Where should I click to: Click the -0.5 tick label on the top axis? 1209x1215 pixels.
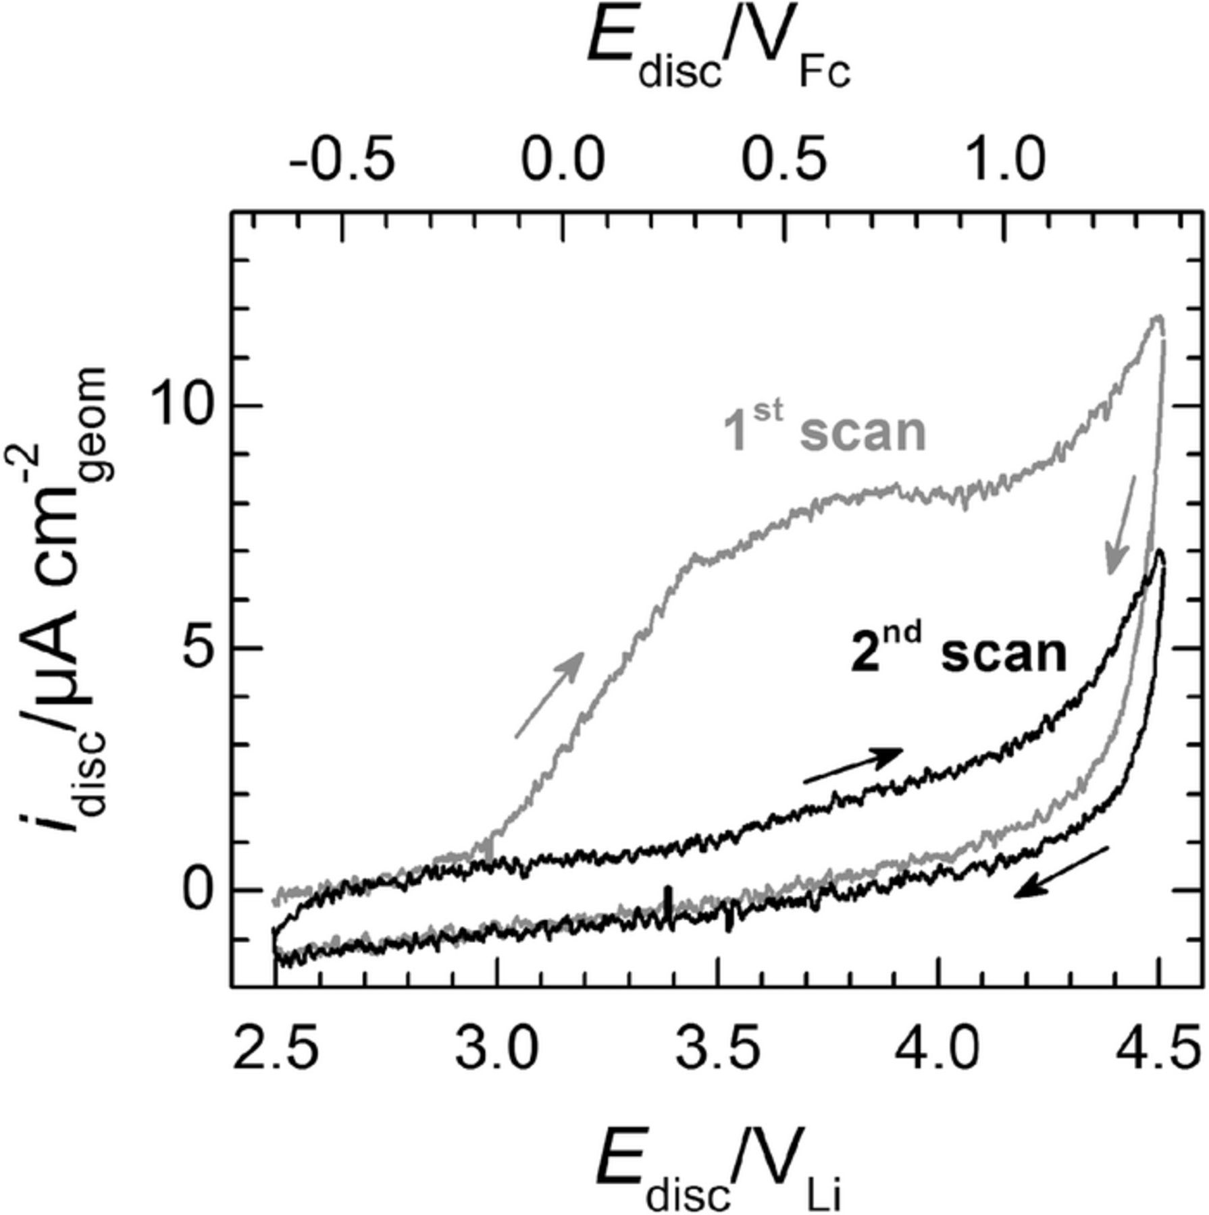341,160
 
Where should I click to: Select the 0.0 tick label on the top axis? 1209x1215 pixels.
562,160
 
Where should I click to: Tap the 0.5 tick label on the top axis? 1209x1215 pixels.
783,160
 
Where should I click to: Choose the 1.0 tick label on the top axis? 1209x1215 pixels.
1005,160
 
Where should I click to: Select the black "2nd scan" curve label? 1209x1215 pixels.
958,652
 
